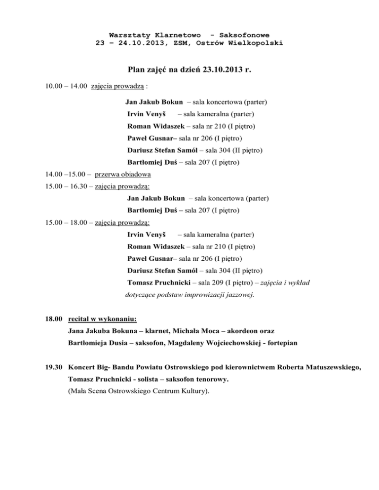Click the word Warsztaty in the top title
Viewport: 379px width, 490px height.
[130, 35]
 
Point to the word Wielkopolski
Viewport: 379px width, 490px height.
[258, 43]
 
